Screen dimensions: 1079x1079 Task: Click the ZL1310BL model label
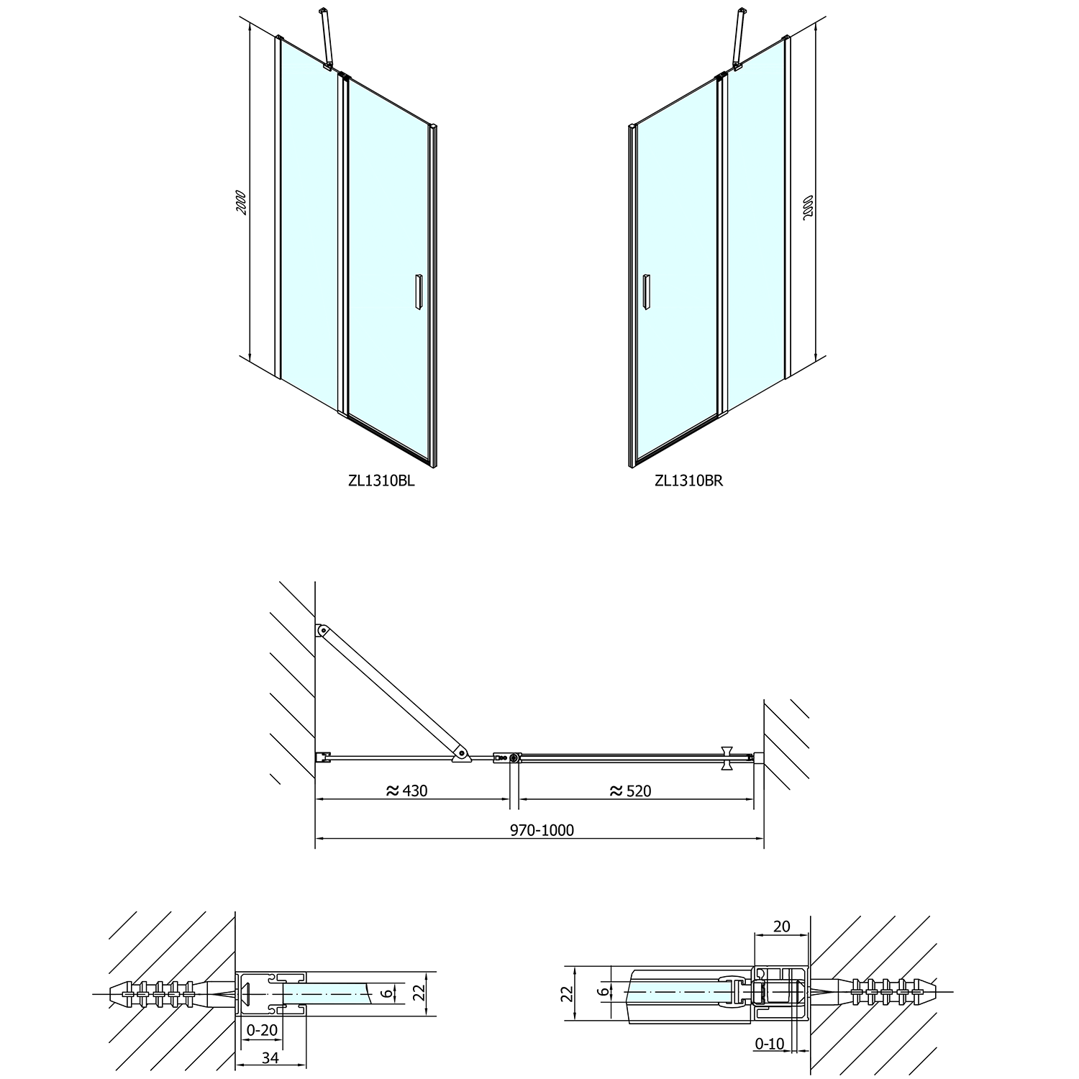(x=381, y=481)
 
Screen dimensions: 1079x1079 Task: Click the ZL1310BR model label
(x=688, y=481)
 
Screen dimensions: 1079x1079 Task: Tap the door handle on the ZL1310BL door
(x=417, y=292)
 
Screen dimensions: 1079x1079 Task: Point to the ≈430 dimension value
(x=407, y=791)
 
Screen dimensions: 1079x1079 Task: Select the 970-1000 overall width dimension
(x=542, y=830)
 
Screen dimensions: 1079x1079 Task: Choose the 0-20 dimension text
(x=263, y=1030)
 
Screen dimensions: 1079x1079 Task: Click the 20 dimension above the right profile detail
(x=781, y=927)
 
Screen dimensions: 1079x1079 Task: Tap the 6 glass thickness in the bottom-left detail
(x=387, y=993)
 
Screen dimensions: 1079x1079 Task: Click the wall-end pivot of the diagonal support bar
(x=322, y=631)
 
